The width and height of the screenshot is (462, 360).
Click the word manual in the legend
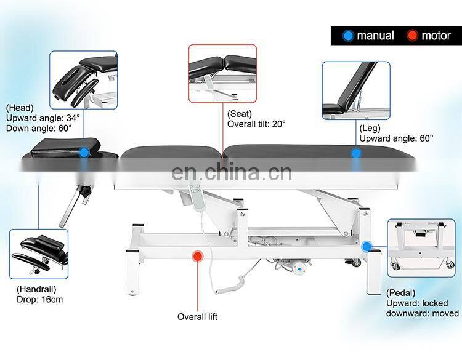point(375,36)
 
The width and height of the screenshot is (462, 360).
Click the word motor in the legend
point(436,36)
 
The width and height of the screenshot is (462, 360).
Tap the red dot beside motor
point(412,36)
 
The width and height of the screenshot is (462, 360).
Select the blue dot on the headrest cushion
point(84,152)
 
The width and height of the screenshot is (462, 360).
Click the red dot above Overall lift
point(198,255)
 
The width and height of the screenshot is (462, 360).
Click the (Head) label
point(20,107)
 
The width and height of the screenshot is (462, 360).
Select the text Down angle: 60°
point(38,128)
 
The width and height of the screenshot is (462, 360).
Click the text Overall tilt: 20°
point(256,124)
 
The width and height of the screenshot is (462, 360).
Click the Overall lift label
point(197,317)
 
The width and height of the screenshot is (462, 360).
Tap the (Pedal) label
point(401,292)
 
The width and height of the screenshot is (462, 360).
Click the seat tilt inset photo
point(222,73)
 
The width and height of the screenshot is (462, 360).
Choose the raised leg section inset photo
point(355,90)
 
